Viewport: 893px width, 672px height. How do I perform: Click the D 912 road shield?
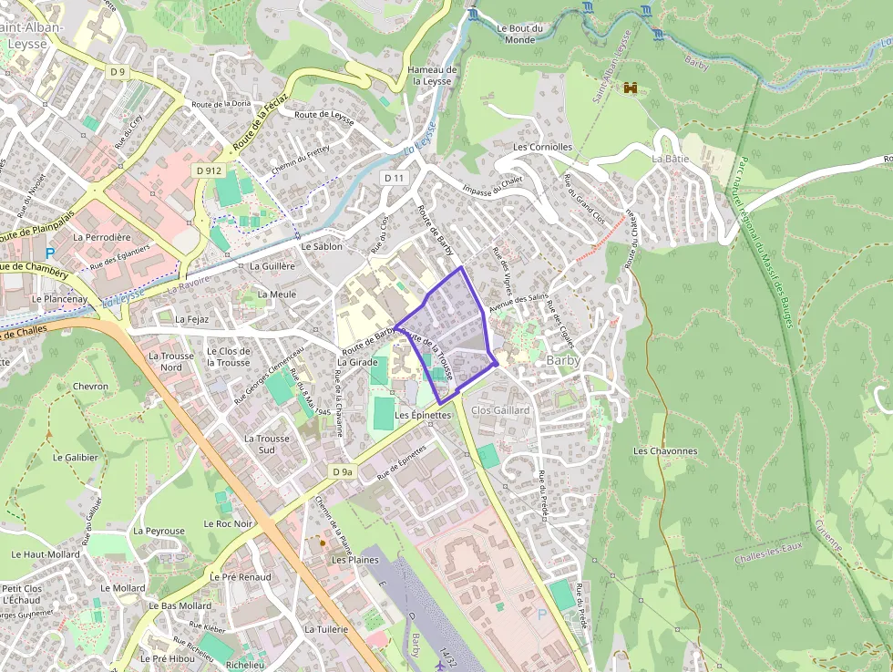[208, 171]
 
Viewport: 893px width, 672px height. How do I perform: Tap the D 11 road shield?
[394, 177]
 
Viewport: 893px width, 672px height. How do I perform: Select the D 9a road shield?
[342, 471]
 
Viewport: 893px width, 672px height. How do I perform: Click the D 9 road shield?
[118, 71]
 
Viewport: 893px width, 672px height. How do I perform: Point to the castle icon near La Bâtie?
[629, 88]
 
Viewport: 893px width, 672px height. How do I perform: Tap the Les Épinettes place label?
[423, 415]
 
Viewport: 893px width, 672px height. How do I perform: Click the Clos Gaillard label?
[500, 410]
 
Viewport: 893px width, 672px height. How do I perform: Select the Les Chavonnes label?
[665, 451]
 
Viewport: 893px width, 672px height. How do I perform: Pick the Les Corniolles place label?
[542, 147]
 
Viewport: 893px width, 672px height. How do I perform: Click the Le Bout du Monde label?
[519, 34]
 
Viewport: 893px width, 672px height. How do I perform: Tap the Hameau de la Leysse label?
[432, 75]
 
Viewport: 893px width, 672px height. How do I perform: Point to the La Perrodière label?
[102, 237]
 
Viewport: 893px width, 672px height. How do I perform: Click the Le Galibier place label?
[76, 458]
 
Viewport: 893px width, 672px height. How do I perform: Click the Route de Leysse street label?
[323, 114]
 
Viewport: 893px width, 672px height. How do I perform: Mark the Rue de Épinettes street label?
[402, 463]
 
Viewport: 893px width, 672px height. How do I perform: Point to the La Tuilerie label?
[326, 629]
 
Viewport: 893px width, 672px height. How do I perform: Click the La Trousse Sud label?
[267, 444]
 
